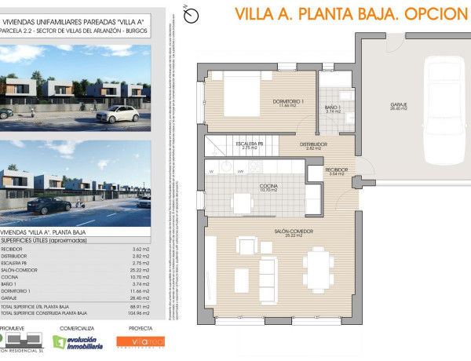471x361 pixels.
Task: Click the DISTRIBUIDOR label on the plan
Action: [313, 144]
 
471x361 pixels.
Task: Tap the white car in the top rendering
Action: [121, 114]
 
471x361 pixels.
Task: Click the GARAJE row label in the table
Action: [10, 297]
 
